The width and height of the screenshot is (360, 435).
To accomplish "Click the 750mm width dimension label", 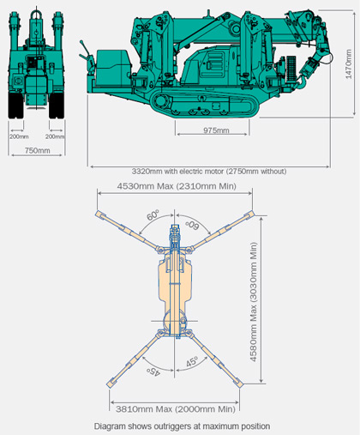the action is pyautogui.click(x=37, y=150).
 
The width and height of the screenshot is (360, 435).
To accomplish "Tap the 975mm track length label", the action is pyautogui.click(x=216, y=130).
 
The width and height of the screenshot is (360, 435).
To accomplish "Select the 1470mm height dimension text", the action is pyautogui.click(x=348, y=64).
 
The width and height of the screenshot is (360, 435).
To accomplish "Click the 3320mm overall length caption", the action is pyautogui.click(x=209, y=172).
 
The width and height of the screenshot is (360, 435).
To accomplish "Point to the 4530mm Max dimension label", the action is pyautogui.click(x=177, y=186).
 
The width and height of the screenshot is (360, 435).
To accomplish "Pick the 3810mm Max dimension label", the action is pyautogui.click(x=176, y=409).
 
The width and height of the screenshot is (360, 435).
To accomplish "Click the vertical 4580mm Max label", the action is pyautogui.click(x=254, y=302).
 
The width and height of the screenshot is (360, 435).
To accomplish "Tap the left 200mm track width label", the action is pyautogui.click(x=19, y=136).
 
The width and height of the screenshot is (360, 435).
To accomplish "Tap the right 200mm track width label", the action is pyautogui.click(x=55, y=136).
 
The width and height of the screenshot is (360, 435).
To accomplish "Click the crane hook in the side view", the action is pyautogui.click(x=302, y=83).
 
